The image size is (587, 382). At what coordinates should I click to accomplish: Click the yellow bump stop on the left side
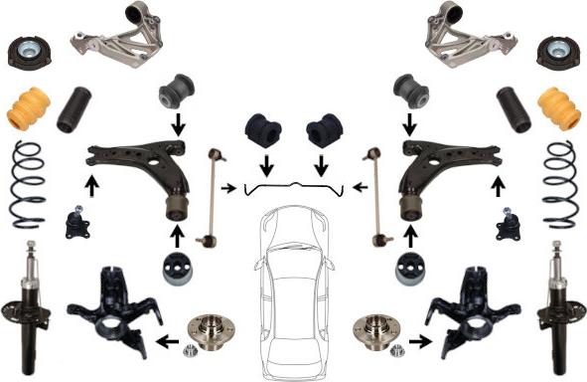[29, 111]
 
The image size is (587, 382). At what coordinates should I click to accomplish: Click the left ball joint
[75, 223]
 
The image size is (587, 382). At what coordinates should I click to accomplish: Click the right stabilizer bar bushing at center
[323, 132]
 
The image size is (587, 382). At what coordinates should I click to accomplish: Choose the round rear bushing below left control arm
[178, 269]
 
